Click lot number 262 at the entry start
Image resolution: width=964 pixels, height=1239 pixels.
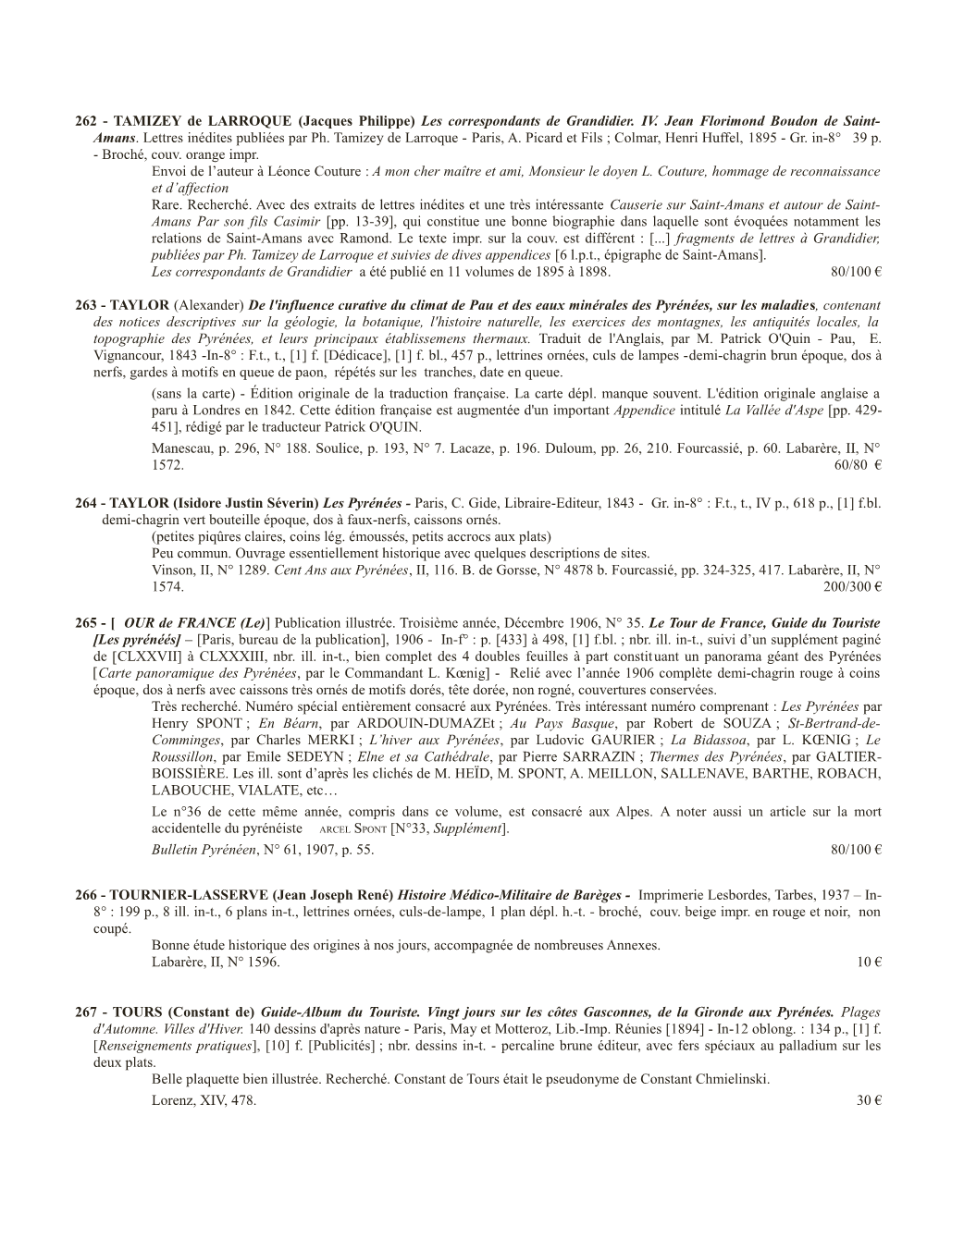tap(85, 122)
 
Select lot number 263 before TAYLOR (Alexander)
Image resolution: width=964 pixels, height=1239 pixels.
tap(85, 305)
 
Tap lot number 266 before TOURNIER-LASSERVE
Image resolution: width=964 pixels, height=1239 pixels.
tap(85, 896)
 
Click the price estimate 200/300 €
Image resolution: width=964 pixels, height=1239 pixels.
tap(851, 587)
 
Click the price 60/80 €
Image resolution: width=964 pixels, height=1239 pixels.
tap(857, 465)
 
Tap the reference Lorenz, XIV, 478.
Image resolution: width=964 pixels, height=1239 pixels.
tap(204, 1101)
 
